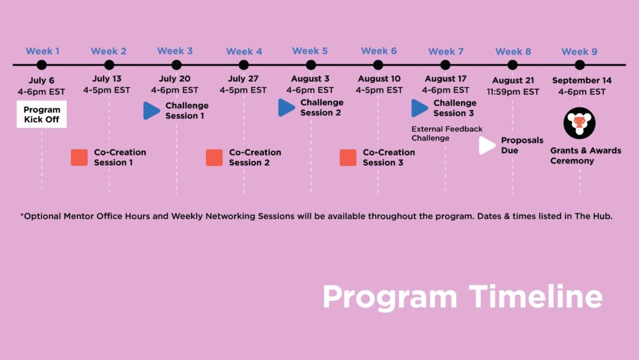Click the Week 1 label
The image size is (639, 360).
click(42, 51)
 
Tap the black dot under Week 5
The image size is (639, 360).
click(311, 64)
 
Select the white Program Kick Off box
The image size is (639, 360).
click(42, 114)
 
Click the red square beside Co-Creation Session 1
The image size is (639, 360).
click(79, 157)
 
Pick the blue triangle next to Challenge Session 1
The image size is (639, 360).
click(151, 110)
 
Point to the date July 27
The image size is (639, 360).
click(243, 79)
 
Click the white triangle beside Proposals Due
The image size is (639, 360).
click(486, 145)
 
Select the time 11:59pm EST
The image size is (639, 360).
click(513, 92)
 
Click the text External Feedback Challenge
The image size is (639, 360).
click(446, 134)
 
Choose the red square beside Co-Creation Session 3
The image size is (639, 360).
click(348, 157)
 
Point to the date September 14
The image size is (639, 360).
click(582, 80)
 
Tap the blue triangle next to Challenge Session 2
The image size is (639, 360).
click(286, 107)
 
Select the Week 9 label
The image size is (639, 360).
click(579, 52)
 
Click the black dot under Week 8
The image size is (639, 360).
click(513, 64)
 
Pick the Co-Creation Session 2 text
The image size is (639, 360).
click(255, 157)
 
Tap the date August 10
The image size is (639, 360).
click(379, 79)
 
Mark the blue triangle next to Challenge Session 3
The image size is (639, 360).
click(419, 108)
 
